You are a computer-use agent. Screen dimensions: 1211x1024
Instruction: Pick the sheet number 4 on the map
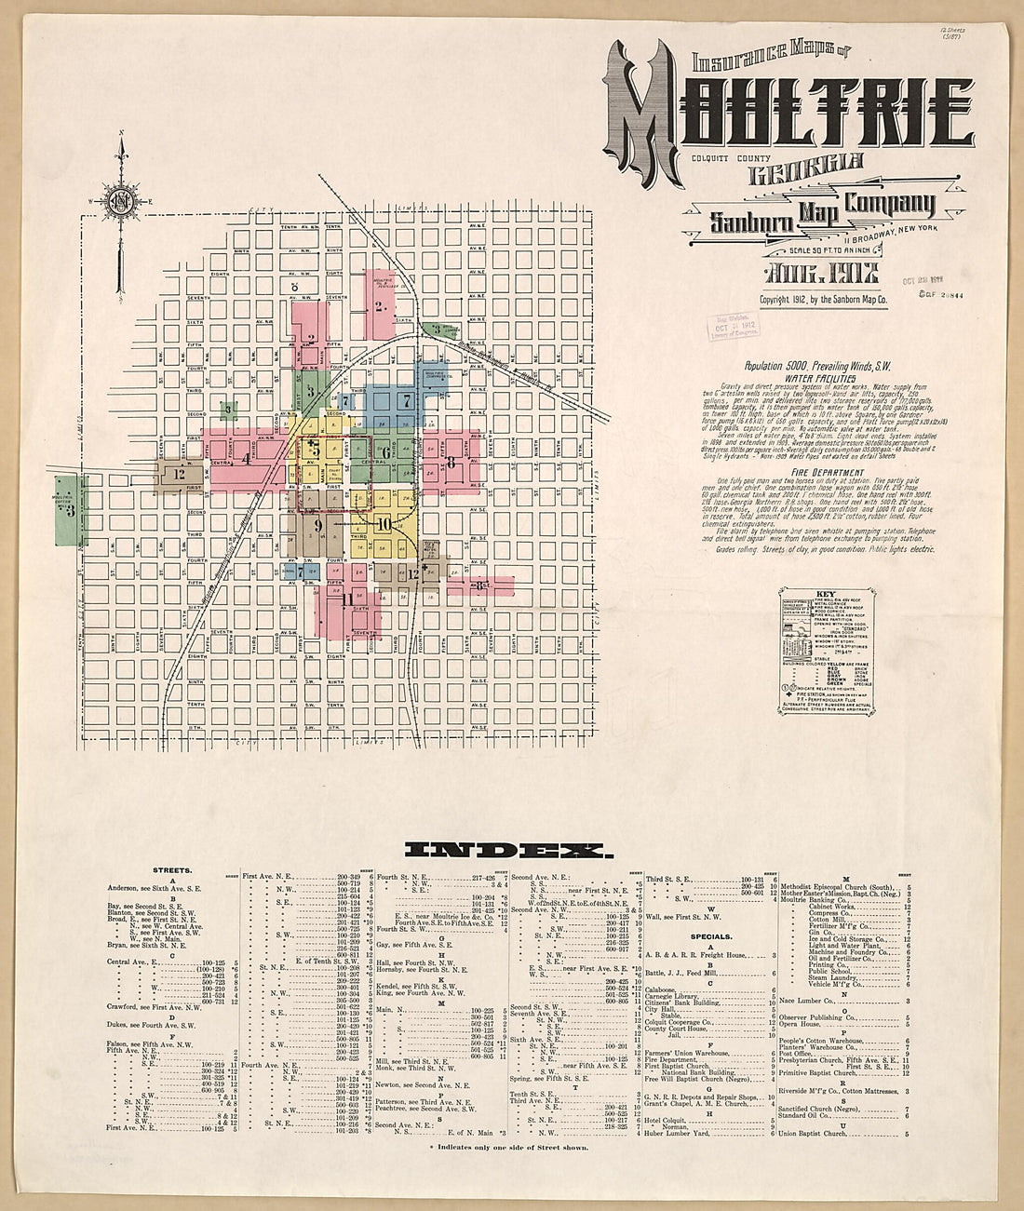coord(246,458)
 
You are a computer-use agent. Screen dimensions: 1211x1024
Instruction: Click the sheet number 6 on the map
coord(384,453)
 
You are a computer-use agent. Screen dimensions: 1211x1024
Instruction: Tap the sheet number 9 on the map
coord(318,526)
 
